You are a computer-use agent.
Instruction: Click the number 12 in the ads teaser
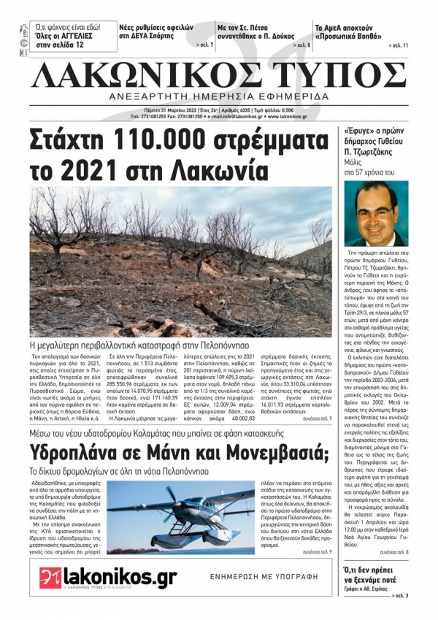pyautogui.click(x=79, y=45)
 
